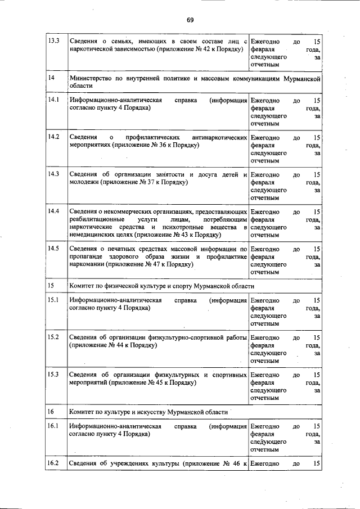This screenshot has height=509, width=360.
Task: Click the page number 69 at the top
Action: [190, 20]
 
